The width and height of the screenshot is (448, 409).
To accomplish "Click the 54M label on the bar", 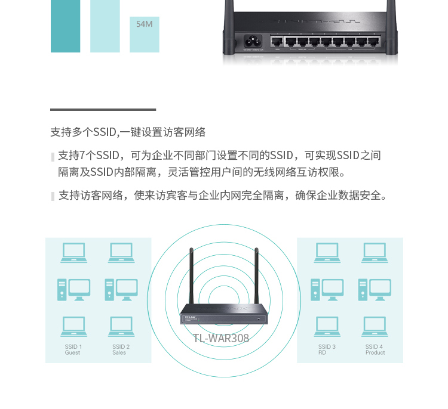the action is (145, 24).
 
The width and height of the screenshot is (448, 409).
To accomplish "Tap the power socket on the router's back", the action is (253, 41).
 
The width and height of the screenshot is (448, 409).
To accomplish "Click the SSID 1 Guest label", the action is (73, 349).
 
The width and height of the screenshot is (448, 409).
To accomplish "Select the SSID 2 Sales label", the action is (121, 349).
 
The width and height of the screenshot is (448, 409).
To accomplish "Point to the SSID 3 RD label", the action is (327, 349).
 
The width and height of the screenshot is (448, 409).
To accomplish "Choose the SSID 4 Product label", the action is (375, 349).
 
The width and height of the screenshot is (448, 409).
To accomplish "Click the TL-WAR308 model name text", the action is (221, 338).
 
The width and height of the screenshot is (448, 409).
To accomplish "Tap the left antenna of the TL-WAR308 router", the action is (191, 276).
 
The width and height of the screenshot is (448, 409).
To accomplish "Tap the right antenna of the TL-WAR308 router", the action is (257, 276).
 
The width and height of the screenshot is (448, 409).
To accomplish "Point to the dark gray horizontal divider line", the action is (103, 110).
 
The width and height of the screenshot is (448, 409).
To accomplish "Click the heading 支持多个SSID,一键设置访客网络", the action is (128, 132).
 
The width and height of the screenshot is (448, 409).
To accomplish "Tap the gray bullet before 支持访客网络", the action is (53, 196).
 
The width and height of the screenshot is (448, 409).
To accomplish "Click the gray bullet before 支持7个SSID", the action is (53, 157).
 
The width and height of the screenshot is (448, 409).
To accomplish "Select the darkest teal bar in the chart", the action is (66, 26).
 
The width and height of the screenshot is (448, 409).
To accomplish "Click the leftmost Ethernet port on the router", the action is (277, 42).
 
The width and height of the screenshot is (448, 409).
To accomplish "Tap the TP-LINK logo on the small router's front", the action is (190, 317).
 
